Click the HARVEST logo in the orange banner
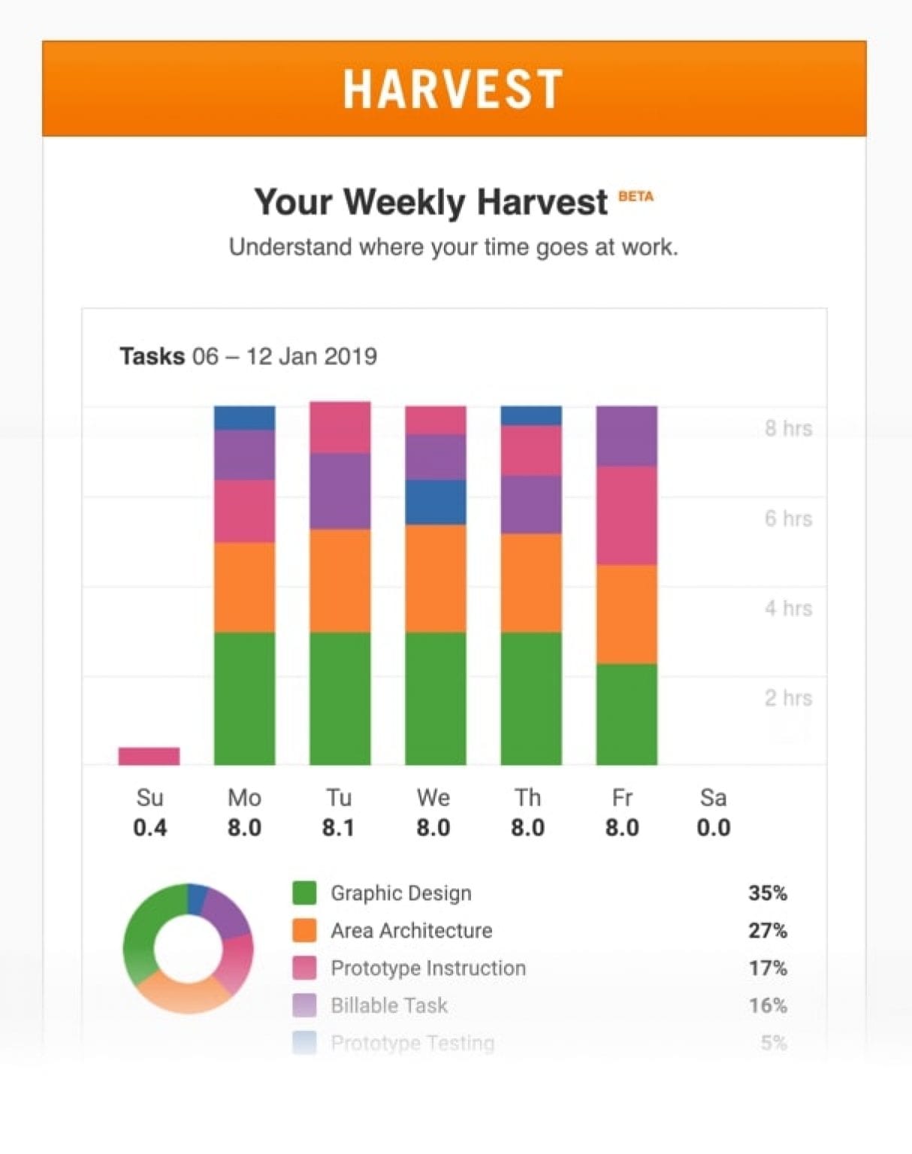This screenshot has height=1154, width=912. pyautogui.click(x=453, y=89)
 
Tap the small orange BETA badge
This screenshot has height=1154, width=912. pyautogui.click(x=636, y=197)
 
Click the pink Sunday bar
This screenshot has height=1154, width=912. pyautogui.click(x=149, y=756)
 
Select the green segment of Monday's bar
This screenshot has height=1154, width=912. pyautogui.click(x=244, y=699)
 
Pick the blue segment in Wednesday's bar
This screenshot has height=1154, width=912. pyautogui.click(x=435, y=502)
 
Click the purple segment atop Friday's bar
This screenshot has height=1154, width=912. pyautogui.click(x=627, y=436)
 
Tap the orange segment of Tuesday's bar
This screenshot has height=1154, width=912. pyautogui.click(x=340, y=580)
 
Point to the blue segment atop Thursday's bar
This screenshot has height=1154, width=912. pyautogui.click(x=531, y=415)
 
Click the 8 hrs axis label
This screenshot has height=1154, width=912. pyautogui.click(x=788, y=428)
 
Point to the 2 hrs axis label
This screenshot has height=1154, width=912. pyautogui.click(x=788, y=698)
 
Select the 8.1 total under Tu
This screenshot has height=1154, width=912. pyautogui.click(x=339, y=828)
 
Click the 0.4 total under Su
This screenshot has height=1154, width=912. pyautogui.click(x=149, y=828)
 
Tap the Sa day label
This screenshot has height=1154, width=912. pyautogui.click(x=713, y=797)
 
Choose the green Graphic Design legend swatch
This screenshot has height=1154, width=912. pyautogui.click(x=304, y=893)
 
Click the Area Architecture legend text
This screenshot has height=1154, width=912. pyautogui.click(x=412, y=931)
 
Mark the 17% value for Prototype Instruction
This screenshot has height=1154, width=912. pyautogui.click(x=767, y=968)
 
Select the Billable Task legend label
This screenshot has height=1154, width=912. pyautogui.click(x=389, y=1005)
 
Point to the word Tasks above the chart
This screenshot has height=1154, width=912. pyautogui.click(x=152, y=356)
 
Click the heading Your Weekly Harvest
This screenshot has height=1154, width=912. pyautogui.click(x=431, y=202)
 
